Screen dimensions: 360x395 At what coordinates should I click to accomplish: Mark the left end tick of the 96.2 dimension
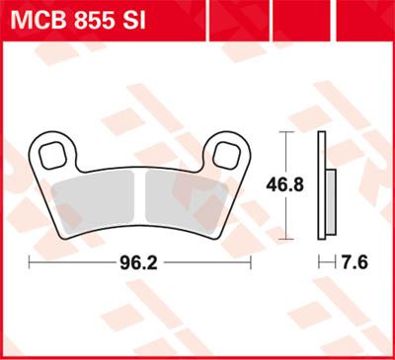click(x=31, y=263)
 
